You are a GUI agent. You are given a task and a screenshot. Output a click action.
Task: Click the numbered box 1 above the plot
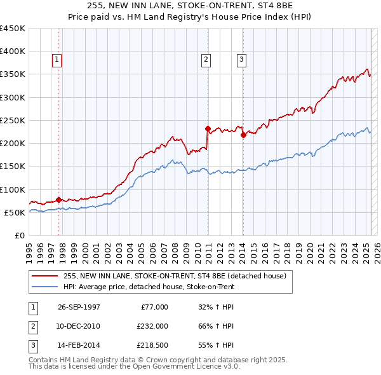click(57, 60)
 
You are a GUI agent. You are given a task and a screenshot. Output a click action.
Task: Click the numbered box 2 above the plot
click(206, 60)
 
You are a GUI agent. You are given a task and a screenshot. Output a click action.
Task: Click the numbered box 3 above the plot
click(242, 60)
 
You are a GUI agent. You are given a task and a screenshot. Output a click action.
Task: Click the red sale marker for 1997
click(59, 200)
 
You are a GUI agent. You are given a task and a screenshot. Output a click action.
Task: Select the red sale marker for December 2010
click(208, 128)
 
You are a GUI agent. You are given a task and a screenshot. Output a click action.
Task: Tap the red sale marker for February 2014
click(243, 135)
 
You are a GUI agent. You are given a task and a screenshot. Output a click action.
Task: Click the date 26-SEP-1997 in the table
click(79, 307)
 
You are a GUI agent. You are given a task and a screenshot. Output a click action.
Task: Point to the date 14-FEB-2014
click(79, 345)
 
